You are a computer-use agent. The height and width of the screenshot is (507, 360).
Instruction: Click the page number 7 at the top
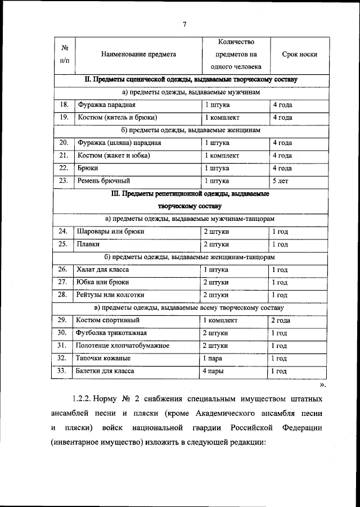pyautogui.click(x=184, y=23)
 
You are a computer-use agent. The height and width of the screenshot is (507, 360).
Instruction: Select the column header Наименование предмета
pyautogui.click(x=138, y=55)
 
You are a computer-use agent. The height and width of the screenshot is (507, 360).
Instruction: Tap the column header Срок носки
pyautogui.click(x=299, y=55)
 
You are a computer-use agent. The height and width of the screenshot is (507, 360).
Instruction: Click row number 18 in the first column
pyautogui.click(x=63, y=105)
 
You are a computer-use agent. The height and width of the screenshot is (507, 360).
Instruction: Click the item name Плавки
pyautogui.click(x=88, y=244)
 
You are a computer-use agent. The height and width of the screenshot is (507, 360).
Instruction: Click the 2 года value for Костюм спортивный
pyautogui.click(x=281, y=320)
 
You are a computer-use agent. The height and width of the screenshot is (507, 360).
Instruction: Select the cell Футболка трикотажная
pyautogui.click(x=110, y=333)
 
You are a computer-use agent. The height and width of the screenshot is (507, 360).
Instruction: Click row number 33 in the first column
pyautogui.click(x=63, y=371)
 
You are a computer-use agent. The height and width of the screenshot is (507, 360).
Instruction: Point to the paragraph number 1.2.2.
pyautogui.click(x=84, y=399)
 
